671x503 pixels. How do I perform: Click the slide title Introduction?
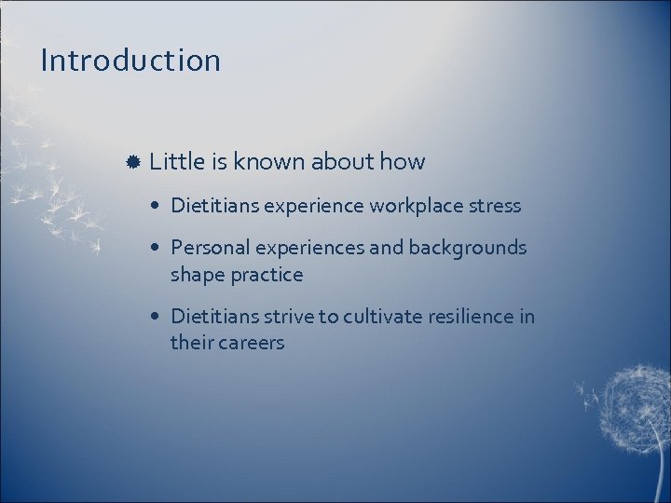[130, 61]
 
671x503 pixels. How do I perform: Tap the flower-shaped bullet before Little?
[133, 162]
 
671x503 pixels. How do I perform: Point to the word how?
[403, 161]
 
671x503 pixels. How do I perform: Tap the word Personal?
[206, 248]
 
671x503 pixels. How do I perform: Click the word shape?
[197, 275]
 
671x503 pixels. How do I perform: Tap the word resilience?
[471, 317]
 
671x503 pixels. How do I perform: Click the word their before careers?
[192, 343]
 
